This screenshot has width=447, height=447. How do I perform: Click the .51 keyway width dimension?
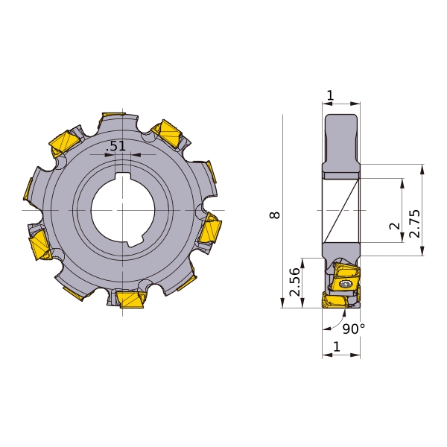point(115,146)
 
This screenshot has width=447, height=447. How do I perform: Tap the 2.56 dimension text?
point(294,282)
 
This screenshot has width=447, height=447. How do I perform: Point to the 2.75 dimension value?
point(414,223)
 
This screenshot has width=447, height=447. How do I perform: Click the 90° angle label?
point(353,329)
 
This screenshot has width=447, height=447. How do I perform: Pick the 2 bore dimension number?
point(395,226)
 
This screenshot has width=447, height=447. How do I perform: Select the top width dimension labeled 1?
point(330,95)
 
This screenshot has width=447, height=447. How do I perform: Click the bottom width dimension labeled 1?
point(337,346)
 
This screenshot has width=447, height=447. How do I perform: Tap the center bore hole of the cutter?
point(123,210)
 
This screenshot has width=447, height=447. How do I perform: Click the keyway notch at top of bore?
point(123,177)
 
